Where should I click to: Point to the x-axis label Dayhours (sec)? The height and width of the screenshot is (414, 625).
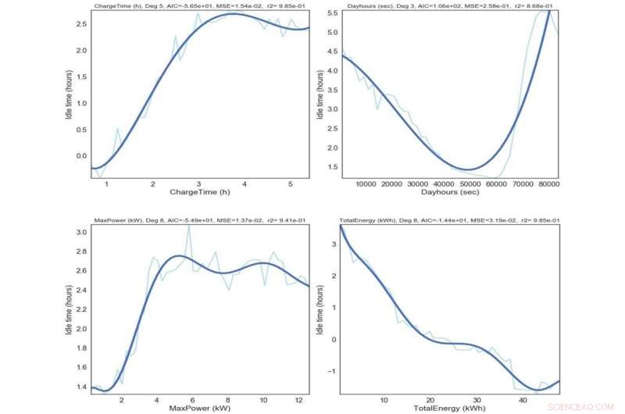pyautogui.click(x=449, y=192)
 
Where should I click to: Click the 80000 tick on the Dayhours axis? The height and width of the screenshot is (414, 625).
pyautogui.click(x=547, y=184)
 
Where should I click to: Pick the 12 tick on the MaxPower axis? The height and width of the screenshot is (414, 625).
pyautogui.click(x=298, y=400)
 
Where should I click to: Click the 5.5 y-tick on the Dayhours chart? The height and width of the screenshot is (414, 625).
pyautogui.click(x=331, y=13)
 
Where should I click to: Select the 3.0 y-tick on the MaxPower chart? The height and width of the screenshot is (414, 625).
pyautogui.click(x=80, y=232)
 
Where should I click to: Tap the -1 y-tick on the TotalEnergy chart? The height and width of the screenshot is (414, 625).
pyautogui.click(x=333, y=371)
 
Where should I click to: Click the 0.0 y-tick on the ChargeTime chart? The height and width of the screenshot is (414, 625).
pyautogui.click(x=80, y=155)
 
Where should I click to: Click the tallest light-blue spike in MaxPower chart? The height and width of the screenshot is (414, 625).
pyautogui.click(x=188, y=228)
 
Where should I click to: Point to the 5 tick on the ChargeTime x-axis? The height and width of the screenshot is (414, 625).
pyautogui.click(x=291, y=184)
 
